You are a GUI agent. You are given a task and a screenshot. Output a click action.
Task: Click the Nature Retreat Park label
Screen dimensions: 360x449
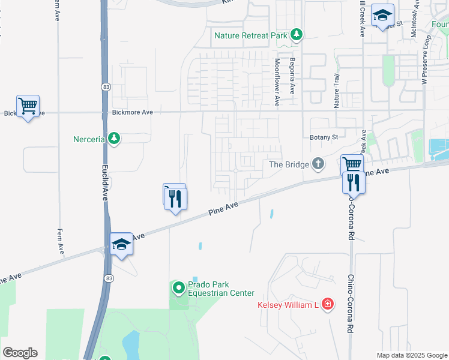(x=252, y=35)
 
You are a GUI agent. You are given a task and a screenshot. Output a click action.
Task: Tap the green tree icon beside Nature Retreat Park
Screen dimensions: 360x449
(x=296, y=35)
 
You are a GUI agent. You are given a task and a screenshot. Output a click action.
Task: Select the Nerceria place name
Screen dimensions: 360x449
(x=89, y=139)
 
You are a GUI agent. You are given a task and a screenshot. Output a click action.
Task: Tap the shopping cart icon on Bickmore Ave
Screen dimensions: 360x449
(x=28, y=106)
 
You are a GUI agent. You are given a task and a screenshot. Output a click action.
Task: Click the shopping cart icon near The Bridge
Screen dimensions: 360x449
(x=352, y=164)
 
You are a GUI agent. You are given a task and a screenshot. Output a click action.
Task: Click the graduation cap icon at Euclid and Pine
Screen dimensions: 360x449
(x=121, y=244)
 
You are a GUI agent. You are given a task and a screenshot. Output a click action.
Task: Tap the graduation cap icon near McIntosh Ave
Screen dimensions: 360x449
(x=382, y=16)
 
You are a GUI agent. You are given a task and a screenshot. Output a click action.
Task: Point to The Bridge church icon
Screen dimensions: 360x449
(x=318, y=164)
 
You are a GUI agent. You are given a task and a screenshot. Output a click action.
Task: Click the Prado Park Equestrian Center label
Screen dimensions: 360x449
(x=221, y=289)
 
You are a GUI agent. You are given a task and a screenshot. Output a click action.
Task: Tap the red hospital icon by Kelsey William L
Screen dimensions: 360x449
(x=327, y=305)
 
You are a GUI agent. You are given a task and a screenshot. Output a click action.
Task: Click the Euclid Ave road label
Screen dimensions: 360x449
(x=104, y=180)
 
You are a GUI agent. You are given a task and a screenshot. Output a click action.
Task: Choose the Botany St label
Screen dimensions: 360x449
(x=325, y=137)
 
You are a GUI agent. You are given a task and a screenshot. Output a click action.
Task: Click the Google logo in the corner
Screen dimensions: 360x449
(x=20, y=353)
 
